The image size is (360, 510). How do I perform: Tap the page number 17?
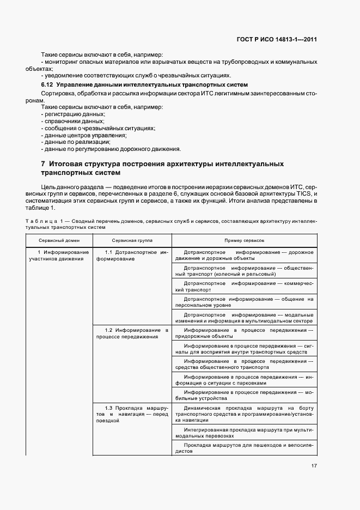(x=314, y=466)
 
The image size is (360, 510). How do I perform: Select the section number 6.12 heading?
(x=47, y=85)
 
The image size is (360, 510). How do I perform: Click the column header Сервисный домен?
(x=59, y=240)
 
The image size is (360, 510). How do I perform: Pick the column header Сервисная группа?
(x=132, y=240)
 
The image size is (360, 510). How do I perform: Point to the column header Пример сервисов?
(x=244, y=240)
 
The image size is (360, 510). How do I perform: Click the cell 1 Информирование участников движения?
(x=60, y=256)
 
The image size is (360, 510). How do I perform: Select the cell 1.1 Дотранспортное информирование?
(x=132, y=256)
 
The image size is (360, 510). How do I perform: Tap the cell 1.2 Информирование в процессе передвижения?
(x=132, y=333)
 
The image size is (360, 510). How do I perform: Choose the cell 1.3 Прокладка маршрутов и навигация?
(x=132, y=415)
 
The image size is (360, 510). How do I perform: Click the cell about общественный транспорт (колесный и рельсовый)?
(x=244, y=271)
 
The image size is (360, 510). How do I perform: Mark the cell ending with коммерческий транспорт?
(x=244, y=287)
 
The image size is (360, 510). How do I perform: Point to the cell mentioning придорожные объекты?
(x=244, y=333)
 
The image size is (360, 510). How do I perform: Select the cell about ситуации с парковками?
(x=244, y=380)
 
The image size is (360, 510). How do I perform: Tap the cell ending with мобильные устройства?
(x=244, y=395)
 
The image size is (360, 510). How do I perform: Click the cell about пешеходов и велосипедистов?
(x=244, y=448)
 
